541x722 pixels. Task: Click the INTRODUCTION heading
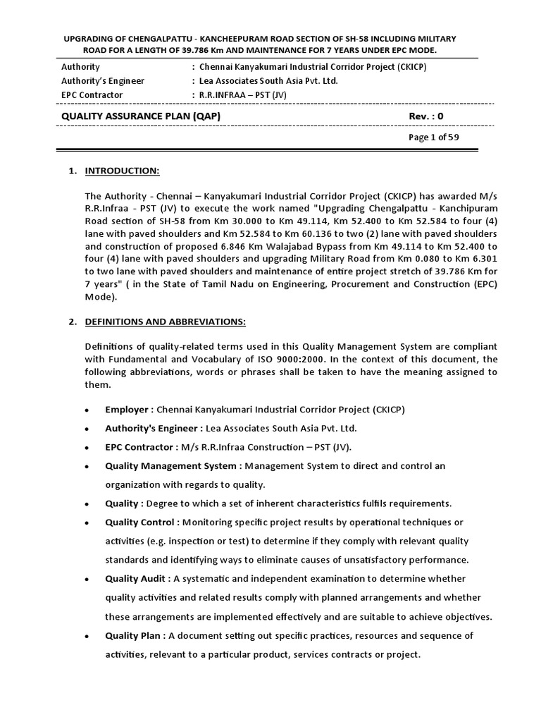pos(123,171)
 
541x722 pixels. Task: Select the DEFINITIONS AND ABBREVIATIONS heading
pos(166,322)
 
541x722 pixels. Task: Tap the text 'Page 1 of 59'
pos(434,137)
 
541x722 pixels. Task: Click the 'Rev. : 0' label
pos(426,116)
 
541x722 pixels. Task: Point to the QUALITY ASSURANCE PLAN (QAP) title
pos(146,116)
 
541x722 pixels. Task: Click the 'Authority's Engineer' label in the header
pos(103,81)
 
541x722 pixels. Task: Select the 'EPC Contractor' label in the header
pos(92,95)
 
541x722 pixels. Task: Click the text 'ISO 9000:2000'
pos(294,359)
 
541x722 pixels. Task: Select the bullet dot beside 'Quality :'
pos(86,504)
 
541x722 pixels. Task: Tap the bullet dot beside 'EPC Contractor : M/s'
pos(86,448)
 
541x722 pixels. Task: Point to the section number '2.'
pos(73,322)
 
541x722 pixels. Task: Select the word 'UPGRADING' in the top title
pos(89,38)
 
